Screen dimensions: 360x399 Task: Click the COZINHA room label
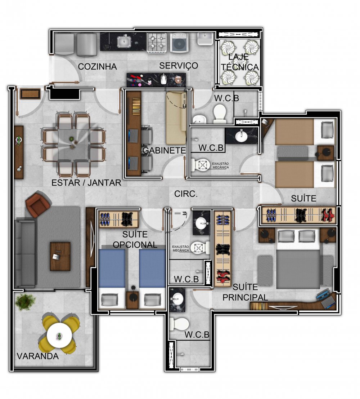97,67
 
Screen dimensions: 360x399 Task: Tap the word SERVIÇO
179,66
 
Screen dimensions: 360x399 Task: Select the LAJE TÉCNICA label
240,62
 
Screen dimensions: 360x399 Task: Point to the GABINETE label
164,150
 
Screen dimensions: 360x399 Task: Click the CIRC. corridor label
186,194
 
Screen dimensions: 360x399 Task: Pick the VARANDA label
38,356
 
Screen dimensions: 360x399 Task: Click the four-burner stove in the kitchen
157,43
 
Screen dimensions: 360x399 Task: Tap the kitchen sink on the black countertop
124,41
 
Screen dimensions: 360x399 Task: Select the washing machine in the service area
180,43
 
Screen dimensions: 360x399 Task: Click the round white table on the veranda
59,336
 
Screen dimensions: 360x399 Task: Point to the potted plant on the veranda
25,302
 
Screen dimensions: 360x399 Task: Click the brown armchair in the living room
38,204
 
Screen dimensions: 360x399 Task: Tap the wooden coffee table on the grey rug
60,256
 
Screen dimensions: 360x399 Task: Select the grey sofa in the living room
25,253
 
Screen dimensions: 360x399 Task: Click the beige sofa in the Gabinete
176,118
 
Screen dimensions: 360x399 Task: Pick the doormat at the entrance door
30,94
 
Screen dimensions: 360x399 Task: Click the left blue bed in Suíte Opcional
112,278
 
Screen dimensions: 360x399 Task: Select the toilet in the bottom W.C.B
179,324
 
